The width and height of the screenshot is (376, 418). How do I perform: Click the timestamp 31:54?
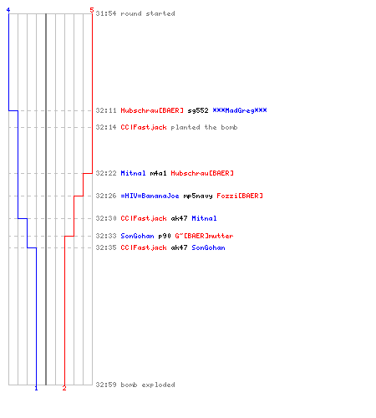coord(106,13)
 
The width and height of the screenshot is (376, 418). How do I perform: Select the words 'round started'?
coord(148,13)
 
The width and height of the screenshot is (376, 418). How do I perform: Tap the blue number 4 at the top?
coord(8,10)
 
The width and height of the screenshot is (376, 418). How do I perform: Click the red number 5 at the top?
coord(92,10)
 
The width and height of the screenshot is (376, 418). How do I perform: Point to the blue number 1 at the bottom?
coord(36,388)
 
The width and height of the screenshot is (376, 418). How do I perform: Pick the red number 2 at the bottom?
coord(64,388)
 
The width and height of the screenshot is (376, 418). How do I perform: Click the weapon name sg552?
coord(198,110)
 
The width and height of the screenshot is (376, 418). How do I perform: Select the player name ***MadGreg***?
coord(240,110)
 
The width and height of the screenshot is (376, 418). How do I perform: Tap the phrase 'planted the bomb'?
coord(204,127)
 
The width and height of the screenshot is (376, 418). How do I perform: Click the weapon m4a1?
coord(158,173)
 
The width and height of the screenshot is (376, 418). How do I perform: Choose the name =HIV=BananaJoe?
coord(150,196)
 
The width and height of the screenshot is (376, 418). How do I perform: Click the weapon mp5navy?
coord(198,196)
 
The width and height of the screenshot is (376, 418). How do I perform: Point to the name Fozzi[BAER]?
coord(240,196)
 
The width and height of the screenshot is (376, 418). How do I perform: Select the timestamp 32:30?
coord(106,218)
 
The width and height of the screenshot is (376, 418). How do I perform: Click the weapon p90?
coord(165,237)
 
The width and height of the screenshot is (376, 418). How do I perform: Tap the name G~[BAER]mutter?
coord(204,236)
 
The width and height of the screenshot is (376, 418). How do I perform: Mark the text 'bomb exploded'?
coord(148,385)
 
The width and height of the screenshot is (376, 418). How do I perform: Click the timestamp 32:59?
coord(106,385)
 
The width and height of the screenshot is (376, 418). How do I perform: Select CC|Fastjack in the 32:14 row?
coord(144,127)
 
